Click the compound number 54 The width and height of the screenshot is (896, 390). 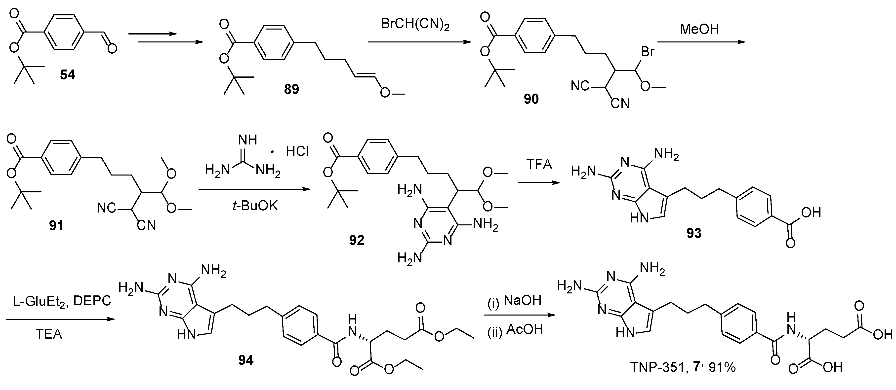[68, 75]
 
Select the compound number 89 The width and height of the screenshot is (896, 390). [291, 89]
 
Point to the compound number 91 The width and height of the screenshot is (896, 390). [56, 226]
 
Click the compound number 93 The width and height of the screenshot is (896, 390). [693, 233]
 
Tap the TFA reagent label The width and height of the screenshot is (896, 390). [539, 164]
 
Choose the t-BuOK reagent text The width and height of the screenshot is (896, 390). [255, 206]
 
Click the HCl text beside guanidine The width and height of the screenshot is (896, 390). [297, 151]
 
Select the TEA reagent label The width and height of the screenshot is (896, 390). [49, 334]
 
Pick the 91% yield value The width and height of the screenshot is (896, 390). [723, 367]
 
